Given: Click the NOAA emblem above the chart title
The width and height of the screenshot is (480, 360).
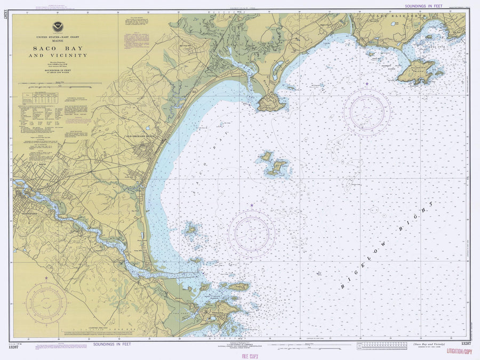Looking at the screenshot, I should [x=57, y=27].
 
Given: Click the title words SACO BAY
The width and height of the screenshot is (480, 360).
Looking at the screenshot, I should [x=58, y=49].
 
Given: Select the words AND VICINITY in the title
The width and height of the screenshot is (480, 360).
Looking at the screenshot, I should [x=58, y=55].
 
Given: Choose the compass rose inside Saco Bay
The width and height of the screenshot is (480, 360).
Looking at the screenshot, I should [x=252, y=232].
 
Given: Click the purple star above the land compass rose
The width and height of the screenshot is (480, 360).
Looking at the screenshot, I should [x=46, y=278].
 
